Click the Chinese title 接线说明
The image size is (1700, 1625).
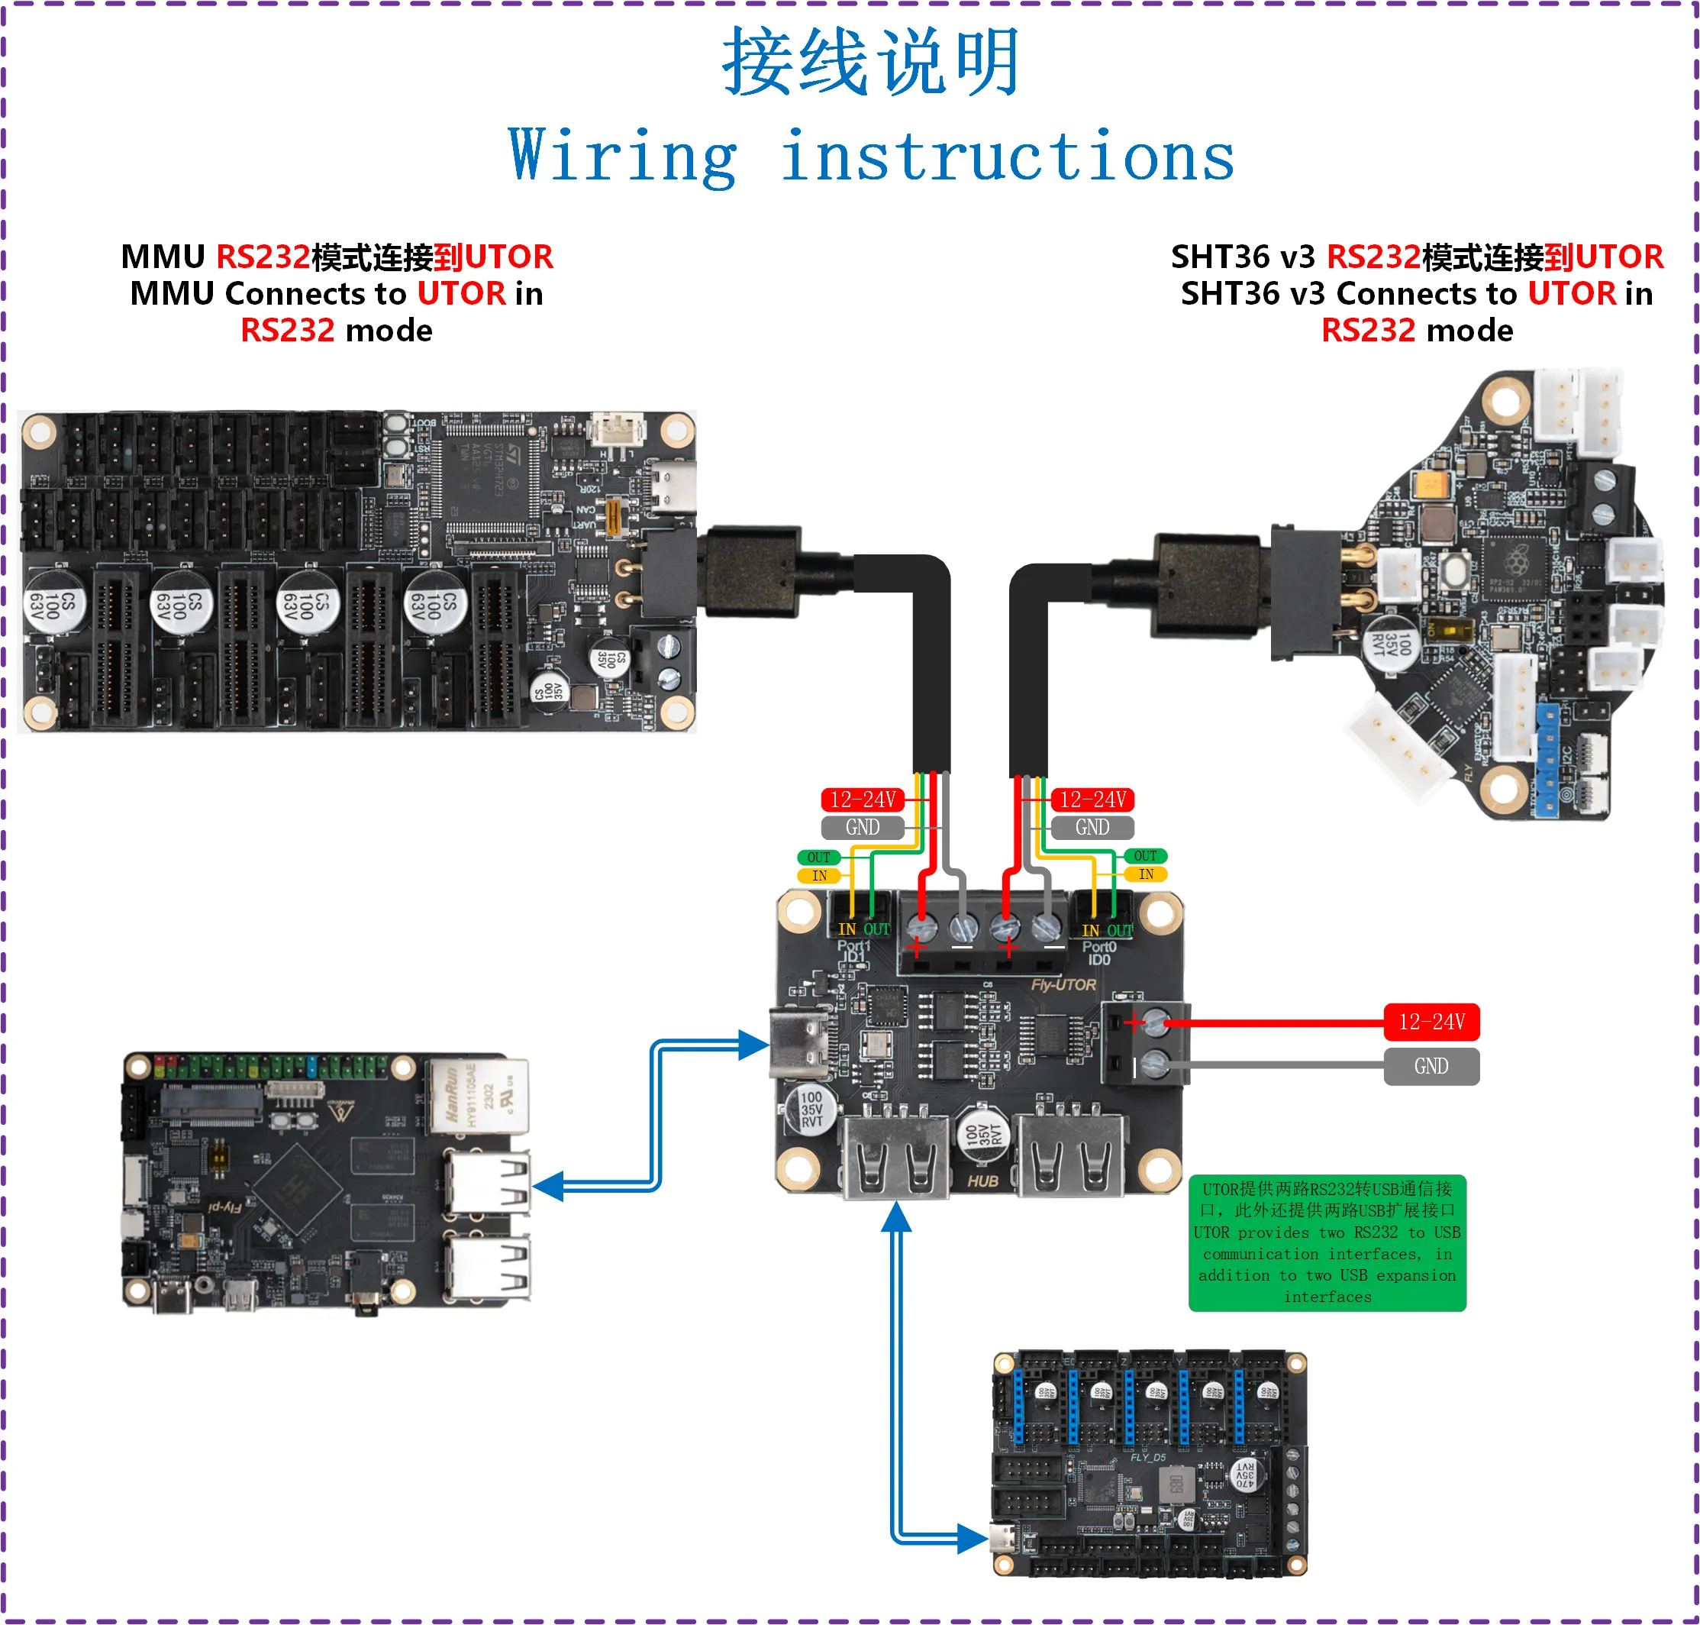click(x=871, y=63)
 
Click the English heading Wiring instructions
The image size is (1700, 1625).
click(x=871, y=156)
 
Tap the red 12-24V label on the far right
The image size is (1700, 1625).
click(x=1431, y=1022)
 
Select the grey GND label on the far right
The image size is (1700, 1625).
click(x=1431, y=1066)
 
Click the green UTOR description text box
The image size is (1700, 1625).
click(x=1327, y=1242)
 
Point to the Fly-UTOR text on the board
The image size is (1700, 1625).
click(x=1063, y=985)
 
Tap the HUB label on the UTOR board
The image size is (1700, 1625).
click(x=983, y=1181)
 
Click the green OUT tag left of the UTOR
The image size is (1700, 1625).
click(x=818, y=858)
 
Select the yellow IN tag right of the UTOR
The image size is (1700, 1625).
click(x=1146, y=875)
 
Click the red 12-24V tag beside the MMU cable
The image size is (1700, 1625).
click(x=862, y=800)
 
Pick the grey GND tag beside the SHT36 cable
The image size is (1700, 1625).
click(x=1092, y=827)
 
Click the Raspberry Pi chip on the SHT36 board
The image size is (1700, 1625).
click(x=1515, y=563)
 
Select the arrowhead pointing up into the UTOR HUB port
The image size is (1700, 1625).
click(x=896, y=1218)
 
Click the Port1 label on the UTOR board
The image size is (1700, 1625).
click(x=853, y=947)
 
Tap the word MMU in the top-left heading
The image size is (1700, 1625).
click(x=162, y=257)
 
